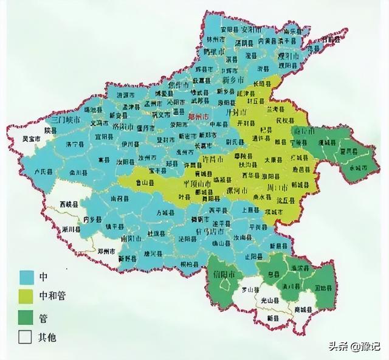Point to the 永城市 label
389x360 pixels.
click(x=359, y=168)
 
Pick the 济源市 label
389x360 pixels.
click(x=127, y=95)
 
